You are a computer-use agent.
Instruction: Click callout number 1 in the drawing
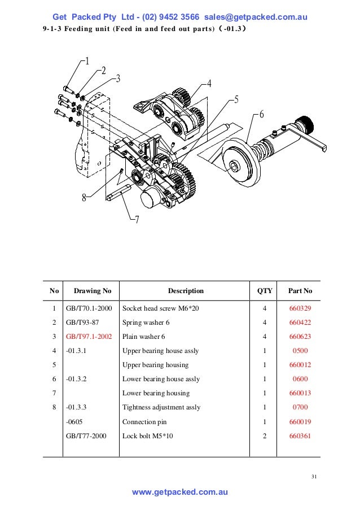(x=86, y=61)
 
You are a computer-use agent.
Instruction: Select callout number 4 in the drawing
(x=209, y=84)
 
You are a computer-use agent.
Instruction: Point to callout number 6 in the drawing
(x=261, y=114)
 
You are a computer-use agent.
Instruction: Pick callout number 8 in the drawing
(x=84, y=198)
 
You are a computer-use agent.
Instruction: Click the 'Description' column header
(x=186, y=291)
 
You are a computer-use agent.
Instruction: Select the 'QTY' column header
(x=265, y=291)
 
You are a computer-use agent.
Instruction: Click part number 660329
(x=300, y=309)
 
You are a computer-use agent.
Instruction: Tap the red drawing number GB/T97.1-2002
(x=89, y=337)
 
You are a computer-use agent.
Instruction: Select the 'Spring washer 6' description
(x=146, y=323)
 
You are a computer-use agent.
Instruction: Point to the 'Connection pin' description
(x=144, y=421)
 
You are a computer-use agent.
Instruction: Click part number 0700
(x=300, y=407)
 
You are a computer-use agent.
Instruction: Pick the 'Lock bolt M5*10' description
(x=147, y=435)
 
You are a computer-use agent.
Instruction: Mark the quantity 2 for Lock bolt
(x=265, y=435)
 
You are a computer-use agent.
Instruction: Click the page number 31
(x=314, y=478)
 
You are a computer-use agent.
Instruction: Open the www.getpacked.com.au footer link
(x=179, y=492)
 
